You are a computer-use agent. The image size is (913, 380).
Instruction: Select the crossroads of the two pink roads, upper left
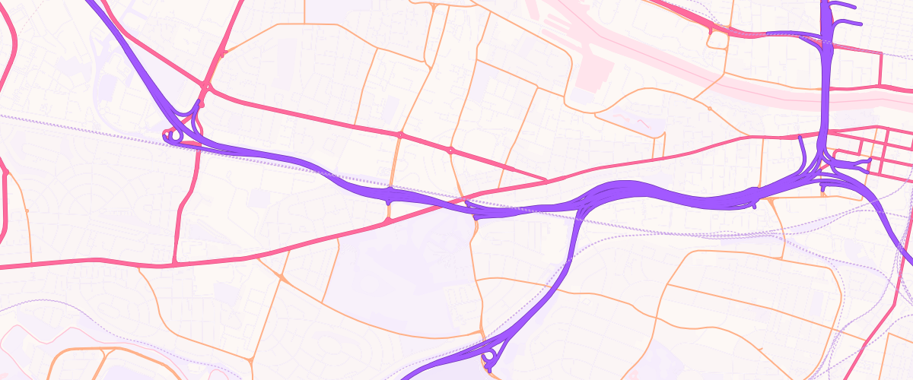click(205, 86)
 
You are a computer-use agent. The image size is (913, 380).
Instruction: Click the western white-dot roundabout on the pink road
click(400, 135)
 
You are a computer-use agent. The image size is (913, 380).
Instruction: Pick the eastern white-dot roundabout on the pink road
click(450, 150)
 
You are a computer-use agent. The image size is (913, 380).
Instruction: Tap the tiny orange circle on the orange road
click(709, 109)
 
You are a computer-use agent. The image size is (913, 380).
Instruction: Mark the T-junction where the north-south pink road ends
click(177, 263)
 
